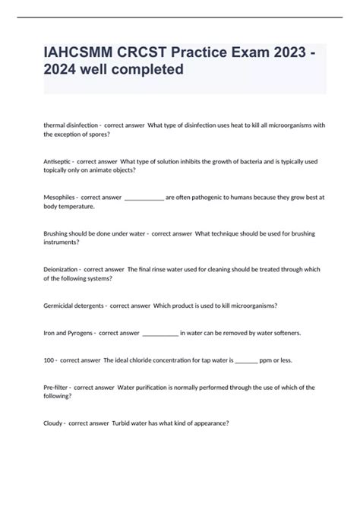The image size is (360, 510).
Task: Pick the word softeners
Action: coord(285,332)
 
